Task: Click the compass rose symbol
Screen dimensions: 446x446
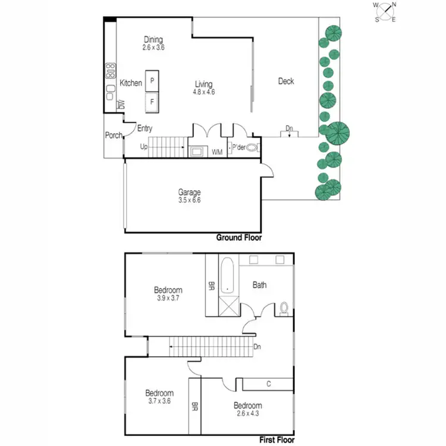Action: point(385,12)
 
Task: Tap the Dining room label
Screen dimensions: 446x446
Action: point(153,39)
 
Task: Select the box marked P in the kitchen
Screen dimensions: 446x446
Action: point(152,80)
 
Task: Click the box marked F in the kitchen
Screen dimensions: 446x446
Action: point(152,102)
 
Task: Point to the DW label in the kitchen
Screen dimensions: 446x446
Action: point(121,105)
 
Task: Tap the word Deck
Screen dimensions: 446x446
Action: point(286,81)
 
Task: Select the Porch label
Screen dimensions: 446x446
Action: point(113,135)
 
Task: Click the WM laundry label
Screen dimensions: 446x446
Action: point(217,152)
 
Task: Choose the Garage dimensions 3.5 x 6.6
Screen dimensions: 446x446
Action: point(190,200)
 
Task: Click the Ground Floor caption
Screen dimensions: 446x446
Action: point(238,237)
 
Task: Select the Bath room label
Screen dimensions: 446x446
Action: point(259,285)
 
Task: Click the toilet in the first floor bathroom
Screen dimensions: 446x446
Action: point(284,308)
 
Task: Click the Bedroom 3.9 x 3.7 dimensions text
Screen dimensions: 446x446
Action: point(167,299)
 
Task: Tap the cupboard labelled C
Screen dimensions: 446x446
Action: point(268,384)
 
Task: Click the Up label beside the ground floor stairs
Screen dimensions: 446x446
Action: point(143,146)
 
